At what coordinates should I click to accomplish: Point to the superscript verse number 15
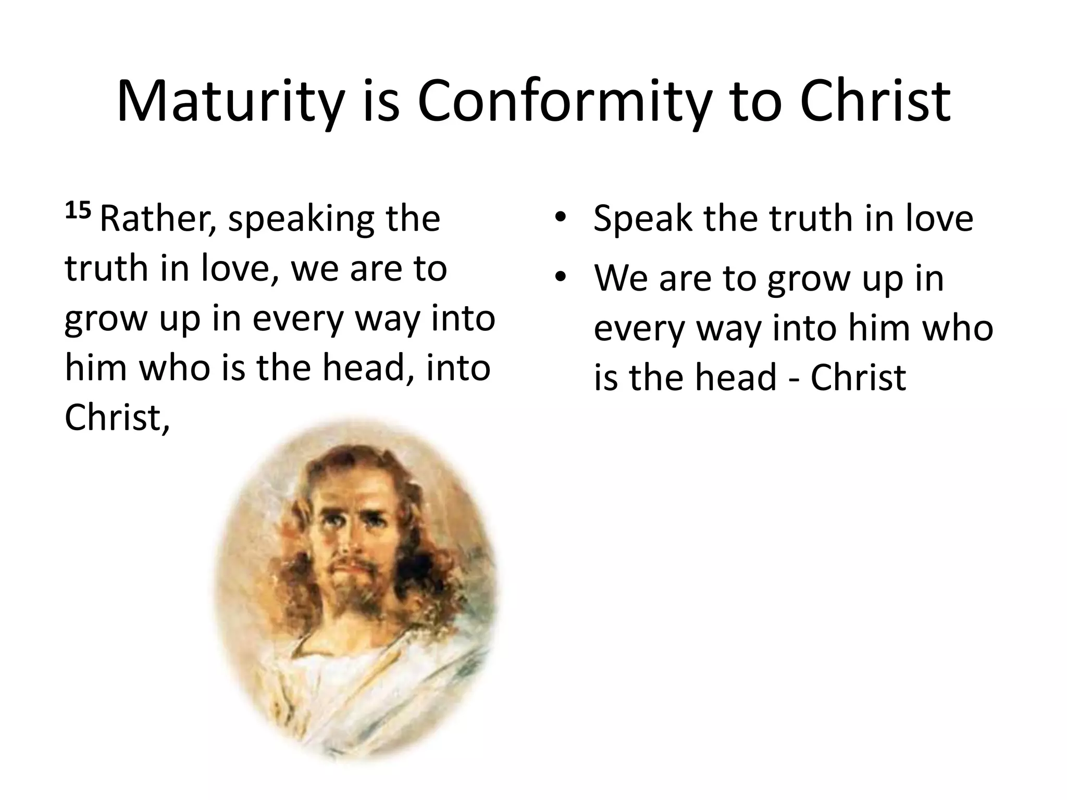pyautogui.click(x=78, y=211)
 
